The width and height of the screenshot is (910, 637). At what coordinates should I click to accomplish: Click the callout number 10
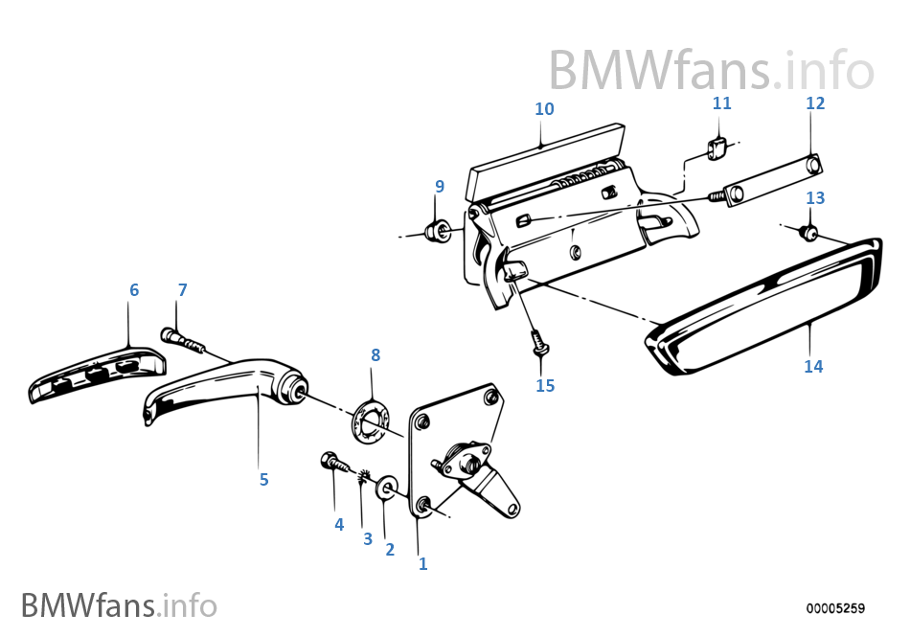[544, 109]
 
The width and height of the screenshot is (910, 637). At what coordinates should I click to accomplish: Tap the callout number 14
[813, 366]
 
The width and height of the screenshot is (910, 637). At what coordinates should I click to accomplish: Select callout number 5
[263, 479]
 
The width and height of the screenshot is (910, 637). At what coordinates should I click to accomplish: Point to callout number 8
[375, 354]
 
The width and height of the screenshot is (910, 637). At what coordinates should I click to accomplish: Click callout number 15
[545, 386]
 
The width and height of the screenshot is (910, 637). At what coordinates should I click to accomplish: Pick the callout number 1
[422, 563]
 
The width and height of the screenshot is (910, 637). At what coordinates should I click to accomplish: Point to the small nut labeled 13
[810, 232]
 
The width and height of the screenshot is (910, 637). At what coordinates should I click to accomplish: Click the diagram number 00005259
[834, 608]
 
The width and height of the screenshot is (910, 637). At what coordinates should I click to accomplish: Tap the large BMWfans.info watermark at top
[711, 70]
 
